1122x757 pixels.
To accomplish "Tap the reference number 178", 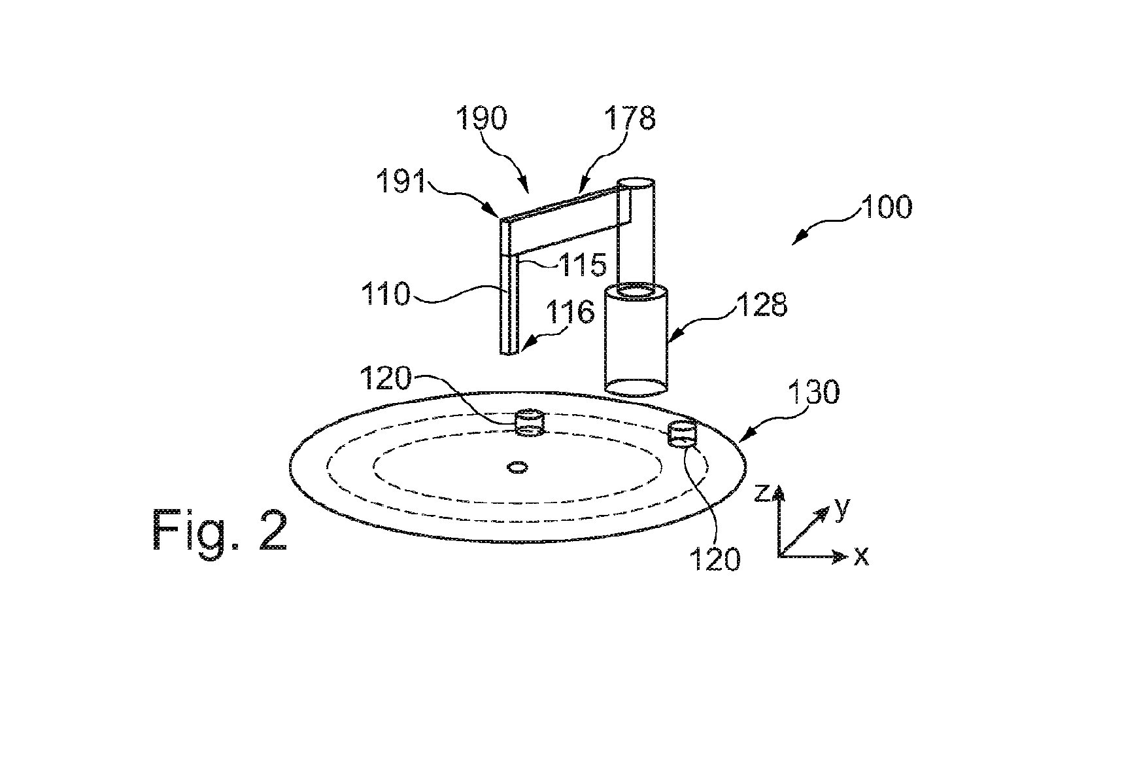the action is [629, 118].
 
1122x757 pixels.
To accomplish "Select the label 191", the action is [400, 183].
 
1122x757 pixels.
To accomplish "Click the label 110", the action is [386, 295].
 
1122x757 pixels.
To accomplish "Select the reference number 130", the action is [813, 393].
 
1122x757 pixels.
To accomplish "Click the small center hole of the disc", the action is [518, 467].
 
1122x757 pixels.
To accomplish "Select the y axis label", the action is [842, 508].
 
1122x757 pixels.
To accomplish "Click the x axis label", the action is [861, 556].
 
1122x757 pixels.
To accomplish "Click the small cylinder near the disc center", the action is [530, 423].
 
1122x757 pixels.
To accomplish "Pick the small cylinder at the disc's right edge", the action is [683, 434].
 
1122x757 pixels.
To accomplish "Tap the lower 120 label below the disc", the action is [715, 559].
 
